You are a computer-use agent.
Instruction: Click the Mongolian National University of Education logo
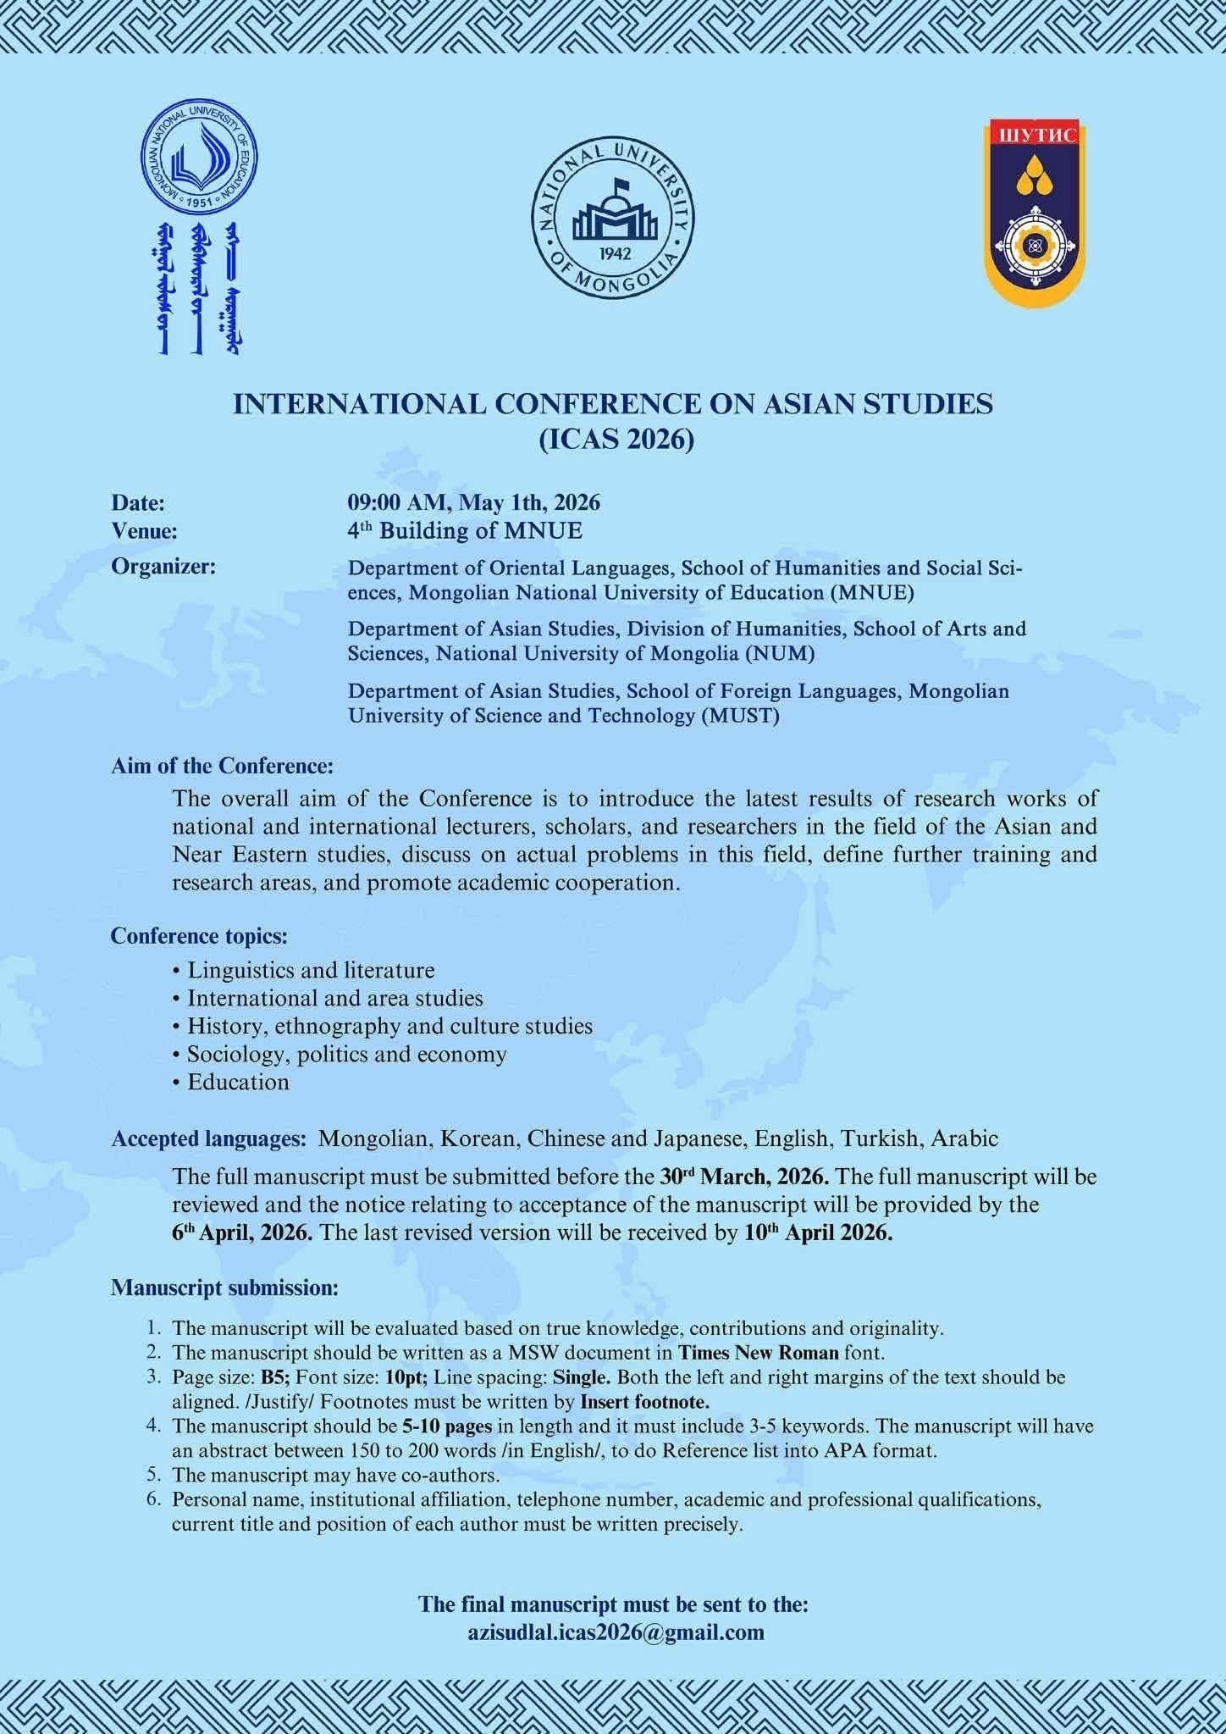(x=199, y=161)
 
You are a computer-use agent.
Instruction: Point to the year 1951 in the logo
(x=199, y=202)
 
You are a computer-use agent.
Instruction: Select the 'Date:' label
(x=138, y=502)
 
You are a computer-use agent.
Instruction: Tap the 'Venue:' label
(x=144, y=531)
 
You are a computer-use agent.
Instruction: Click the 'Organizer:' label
(x=163, y=567)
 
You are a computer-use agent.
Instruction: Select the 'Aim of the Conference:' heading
(x=222, y=766)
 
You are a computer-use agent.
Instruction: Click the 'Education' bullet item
(x=238, y=1082)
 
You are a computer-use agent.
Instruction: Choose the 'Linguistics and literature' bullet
(x=311, y=969)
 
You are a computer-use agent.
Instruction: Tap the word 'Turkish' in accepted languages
(x=880, y=1138)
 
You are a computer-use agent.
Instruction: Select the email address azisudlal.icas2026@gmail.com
(x=616, y=1632)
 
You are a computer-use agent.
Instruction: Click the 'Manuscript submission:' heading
(x=224, y=1288)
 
